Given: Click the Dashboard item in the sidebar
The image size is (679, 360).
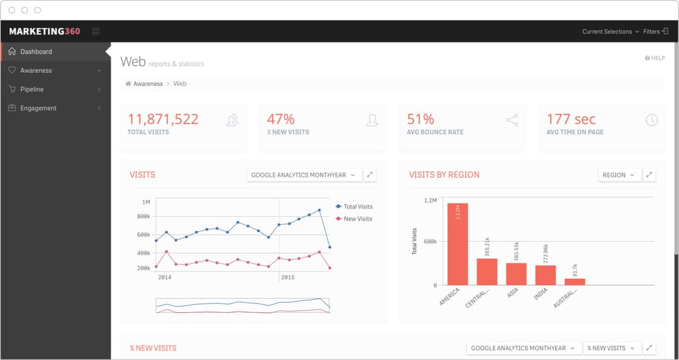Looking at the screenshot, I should [36, 52].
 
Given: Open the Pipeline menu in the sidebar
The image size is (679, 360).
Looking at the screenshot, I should [31, 89].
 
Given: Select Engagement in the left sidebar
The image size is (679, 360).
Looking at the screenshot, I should [38, 108].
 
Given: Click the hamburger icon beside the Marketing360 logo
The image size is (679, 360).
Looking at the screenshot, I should [96, 31].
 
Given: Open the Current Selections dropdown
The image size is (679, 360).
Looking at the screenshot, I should [610, 31].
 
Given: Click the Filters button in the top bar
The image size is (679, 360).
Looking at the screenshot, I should [655, 31].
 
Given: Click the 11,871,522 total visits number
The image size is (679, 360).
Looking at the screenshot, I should [163, 119].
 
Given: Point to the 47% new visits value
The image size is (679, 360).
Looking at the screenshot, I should [280, 119].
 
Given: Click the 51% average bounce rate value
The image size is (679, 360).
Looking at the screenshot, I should [421, 119].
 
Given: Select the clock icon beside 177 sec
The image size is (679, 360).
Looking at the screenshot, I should [651, 119].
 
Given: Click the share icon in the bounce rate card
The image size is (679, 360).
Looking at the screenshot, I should [512, 119].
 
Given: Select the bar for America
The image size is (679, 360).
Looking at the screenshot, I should [458, 244].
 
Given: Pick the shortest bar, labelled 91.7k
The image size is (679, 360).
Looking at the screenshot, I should [575, 281].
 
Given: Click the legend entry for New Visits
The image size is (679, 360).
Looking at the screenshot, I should [357, 219].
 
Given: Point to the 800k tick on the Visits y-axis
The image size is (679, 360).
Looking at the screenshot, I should [143, 217].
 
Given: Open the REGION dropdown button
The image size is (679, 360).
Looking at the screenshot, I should [619, 175].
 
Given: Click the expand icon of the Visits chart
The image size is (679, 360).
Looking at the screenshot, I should [370, 175].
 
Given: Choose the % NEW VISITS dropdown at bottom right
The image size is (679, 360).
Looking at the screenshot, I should [611, 348].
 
